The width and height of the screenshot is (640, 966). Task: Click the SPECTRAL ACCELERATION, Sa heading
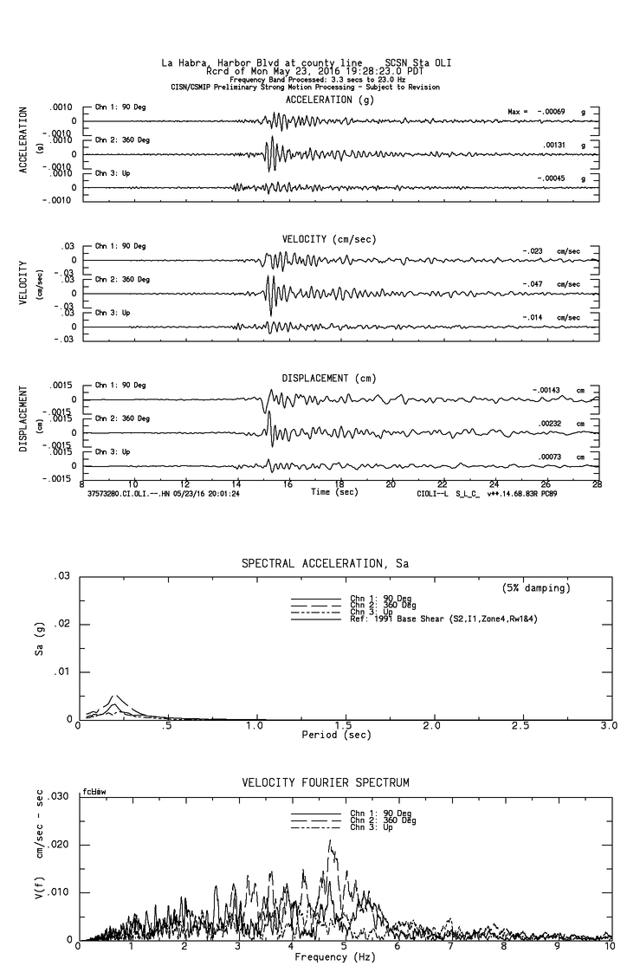(325, 564)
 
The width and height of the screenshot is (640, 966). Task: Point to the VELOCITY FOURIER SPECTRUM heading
(325, 782)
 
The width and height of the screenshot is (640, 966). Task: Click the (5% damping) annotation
(536, 588)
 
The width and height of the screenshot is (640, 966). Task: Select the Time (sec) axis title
(335, 492)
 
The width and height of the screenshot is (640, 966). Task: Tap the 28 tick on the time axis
(598, 484)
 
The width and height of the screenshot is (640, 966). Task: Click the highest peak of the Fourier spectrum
(329, 840)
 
